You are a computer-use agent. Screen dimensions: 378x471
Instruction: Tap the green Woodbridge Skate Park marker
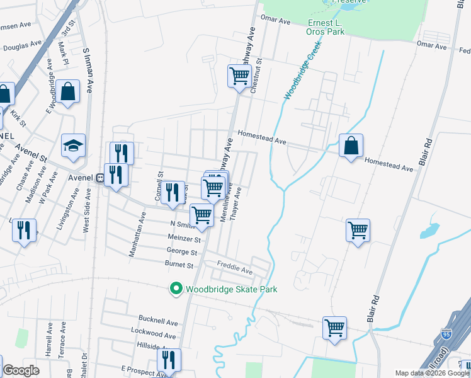[x=176, y=289]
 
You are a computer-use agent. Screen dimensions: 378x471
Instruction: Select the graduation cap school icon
[x=73, y=146]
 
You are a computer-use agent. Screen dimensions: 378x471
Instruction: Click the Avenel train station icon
[x=99, y=178]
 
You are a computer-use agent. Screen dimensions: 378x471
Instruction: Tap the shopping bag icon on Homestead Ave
[x=351, y=146]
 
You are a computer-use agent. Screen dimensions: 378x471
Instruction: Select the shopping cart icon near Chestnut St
[x=239, y=76]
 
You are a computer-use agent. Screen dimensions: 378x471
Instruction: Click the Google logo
[x=21, y=370]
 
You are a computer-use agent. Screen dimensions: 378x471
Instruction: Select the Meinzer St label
[x=184, y=239]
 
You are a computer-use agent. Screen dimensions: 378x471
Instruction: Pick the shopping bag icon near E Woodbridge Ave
[x=67, y=91]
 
